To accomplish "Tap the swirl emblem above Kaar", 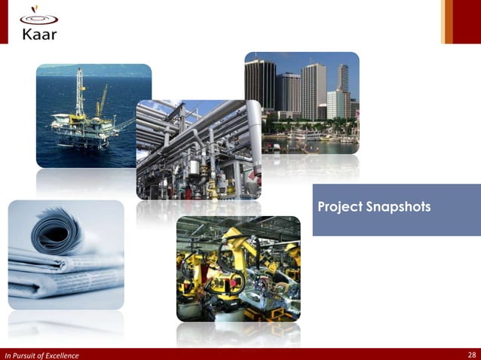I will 38,14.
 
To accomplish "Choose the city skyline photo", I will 302,102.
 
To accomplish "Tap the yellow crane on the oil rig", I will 101,101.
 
